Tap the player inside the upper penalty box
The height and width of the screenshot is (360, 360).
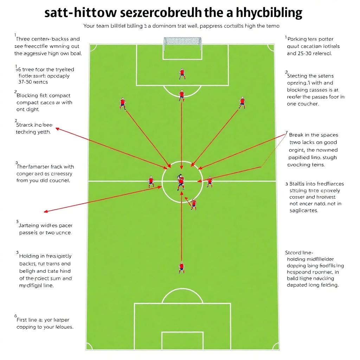[182, 73]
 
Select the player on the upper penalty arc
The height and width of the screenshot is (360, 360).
[181, 95]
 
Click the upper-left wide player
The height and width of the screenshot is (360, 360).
[123, 103]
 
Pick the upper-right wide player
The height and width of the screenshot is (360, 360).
[242, 102]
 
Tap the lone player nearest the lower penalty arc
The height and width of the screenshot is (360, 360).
[181, 267]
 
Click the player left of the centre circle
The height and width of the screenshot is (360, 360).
[151, 181]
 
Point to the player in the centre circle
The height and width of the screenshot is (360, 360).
[181, 182]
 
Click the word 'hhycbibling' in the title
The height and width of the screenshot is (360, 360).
[269, 13]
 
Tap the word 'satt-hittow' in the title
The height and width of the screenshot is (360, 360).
[81, 13]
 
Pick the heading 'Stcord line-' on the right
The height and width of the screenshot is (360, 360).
[299, 252]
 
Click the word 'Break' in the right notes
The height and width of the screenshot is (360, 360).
[297, 135]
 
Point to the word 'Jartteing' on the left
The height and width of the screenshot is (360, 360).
[30, 226]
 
